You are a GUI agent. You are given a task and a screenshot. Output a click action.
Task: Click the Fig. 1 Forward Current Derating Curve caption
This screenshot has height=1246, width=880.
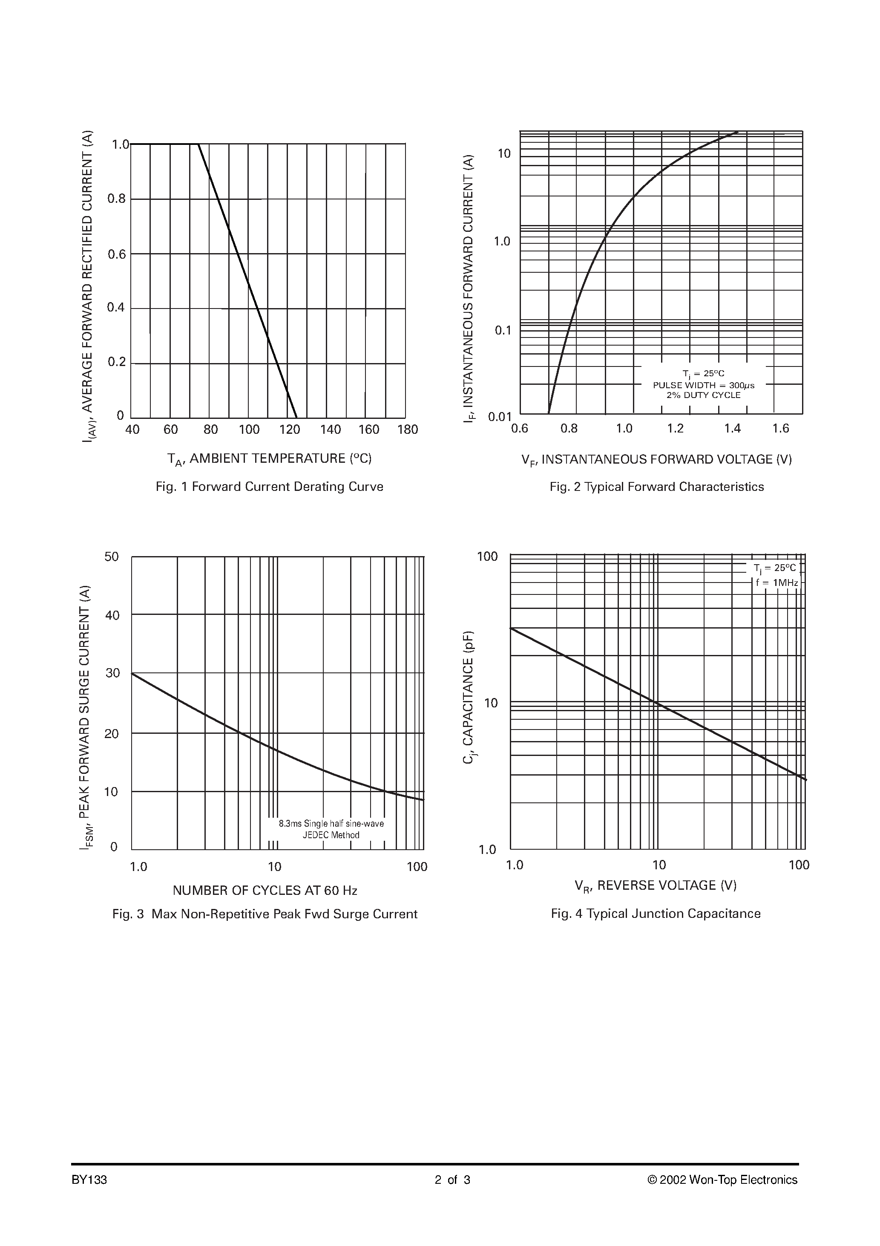[269, 487]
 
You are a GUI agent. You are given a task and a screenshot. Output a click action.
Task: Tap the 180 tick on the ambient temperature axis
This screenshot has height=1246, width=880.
[408, 430]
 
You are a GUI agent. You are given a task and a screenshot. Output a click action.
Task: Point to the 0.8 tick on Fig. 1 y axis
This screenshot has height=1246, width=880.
[116, 199]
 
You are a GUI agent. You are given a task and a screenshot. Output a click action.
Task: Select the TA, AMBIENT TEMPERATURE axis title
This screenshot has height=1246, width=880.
[269, 459]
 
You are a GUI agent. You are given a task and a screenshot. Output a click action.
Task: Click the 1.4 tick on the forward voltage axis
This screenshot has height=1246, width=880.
[732, 429]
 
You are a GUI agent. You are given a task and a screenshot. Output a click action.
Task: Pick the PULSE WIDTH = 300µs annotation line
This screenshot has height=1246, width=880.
[703, 385]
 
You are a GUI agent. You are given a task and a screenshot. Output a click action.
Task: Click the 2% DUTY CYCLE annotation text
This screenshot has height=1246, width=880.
[703, 395]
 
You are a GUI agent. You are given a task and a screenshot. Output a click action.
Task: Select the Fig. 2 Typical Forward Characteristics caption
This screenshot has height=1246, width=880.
[656, 487]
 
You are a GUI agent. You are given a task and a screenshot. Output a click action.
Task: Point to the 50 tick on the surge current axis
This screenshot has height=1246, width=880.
[112, 557]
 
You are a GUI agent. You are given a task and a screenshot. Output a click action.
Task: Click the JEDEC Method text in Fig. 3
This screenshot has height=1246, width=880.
[331, 835]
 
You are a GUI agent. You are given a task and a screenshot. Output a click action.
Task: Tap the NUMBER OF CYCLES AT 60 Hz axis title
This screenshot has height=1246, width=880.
[265, 891]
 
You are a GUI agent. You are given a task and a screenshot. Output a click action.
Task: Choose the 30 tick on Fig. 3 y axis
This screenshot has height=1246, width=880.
[112, 673]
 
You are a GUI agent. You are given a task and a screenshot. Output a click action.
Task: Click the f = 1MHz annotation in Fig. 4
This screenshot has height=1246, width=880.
[777, 582]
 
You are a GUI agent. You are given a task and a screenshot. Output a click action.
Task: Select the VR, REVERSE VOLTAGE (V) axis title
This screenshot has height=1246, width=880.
[656, 885]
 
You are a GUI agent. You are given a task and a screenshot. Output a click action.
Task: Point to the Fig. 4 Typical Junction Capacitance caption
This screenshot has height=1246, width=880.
[656, 914]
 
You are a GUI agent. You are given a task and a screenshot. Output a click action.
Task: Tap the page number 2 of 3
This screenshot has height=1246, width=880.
[452, 1180]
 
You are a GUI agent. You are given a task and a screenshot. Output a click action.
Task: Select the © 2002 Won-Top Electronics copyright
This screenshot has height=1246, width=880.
[722, 1180]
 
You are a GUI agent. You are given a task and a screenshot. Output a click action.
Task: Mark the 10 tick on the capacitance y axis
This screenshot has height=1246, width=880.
[490, 703]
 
